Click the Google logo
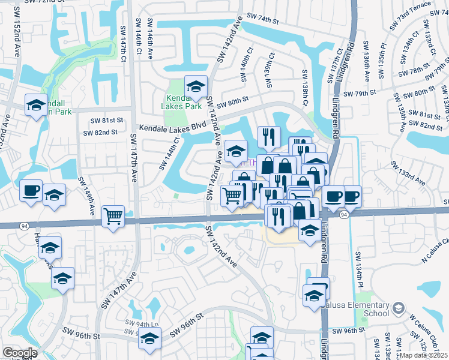[x=20, y=353]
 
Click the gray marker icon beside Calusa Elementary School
[x=398, y=309]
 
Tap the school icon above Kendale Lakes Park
[x=196, y=86]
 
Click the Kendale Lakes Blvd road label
[x=172, y=128]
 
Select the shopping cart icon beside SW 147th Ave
[x=113, y=216]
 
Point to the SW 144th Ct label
[x=169, y=154]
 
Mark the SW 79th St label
[x=360, y=94]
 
